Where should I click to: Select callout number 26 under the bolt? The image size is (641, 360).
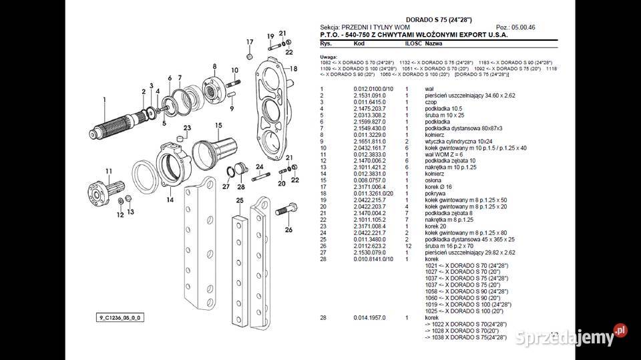coord(288,230)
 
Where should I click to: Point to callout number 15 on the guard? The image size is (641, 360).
coord(218,125)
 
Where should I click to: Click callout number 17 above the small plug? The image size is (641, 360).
coord(250,42)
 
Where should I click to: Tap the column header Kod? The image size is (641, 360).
coord(359,43)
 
